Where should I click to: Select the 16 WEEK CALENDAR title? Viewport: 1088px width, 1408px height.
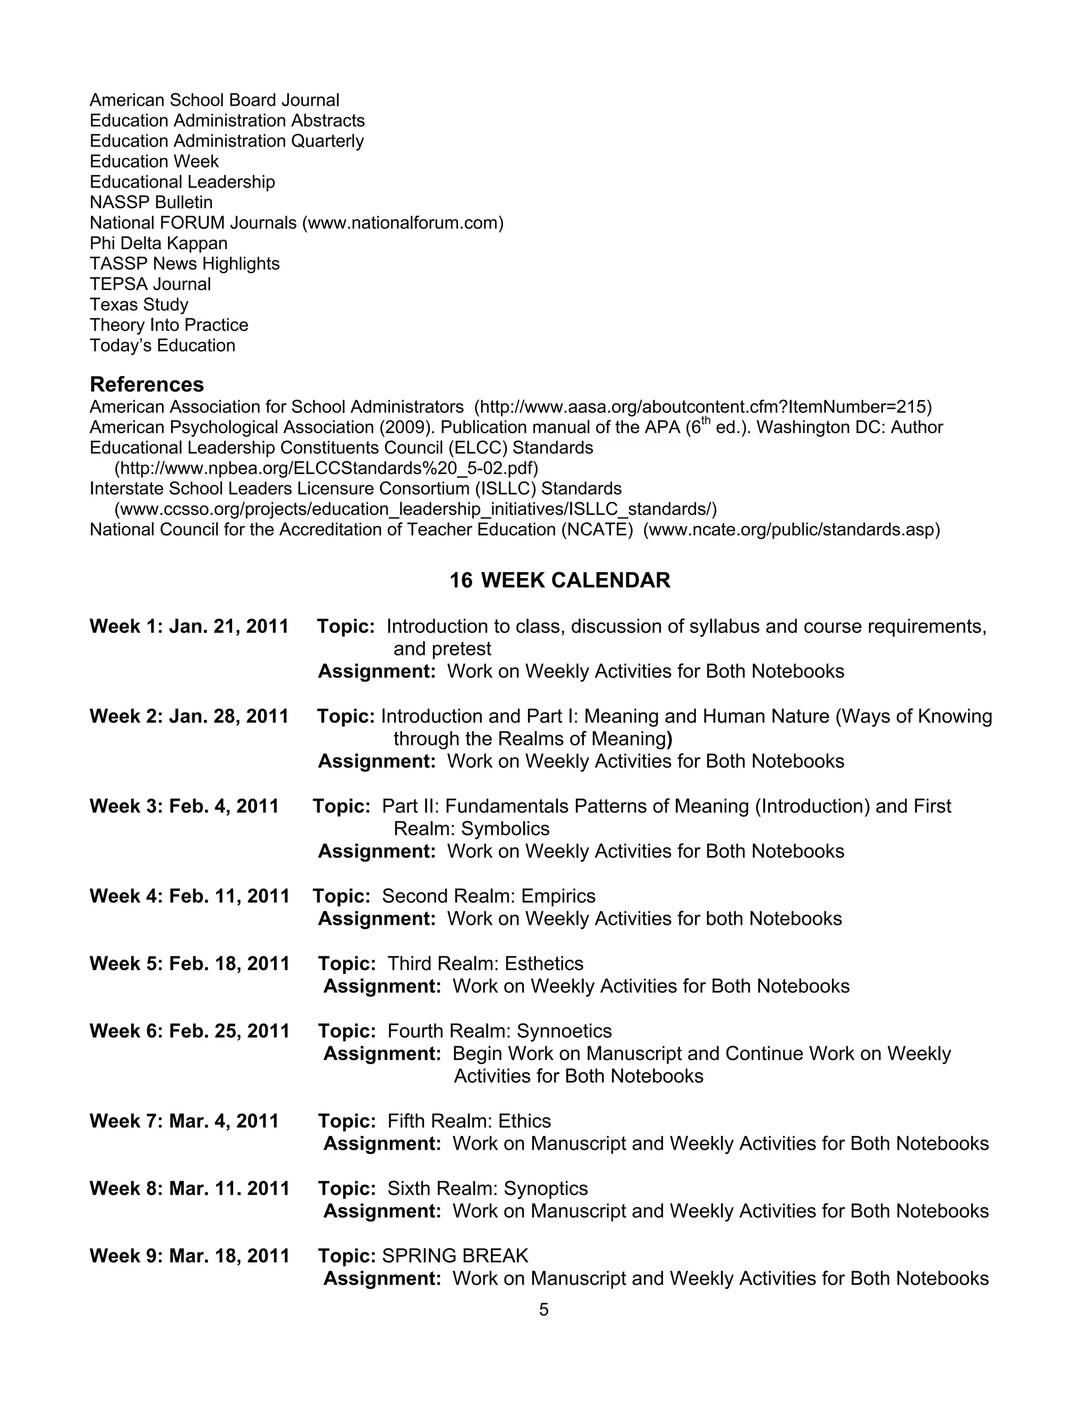(x=559, y=580)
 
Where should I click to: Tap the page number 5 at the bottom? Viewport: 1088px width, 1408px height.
(x=543, y=1309)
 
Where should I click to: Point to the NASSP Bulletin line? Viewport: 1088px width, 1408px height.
(x=151, y=202)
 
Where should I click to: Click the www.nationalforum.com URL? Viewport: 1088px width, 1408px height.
(x=403, y=223)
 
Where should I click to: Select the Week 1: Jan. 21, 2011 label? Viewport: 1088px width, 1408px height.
(x=189, y=626)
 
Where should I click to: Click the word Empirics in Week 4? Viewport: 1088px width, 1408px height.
(x=558, y=896)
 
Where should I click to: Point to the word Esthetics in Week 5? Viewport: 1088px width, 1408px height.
(x=544, y=963)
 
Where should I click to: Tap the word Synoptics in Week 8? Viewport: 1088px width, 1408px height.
(x=546, y=1188)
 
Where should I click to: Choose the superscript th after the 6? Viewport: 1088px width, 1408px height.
(x=706, y=422)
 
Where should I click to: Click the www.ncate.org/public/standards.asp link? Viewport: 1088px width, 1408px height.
(x=792, y=530)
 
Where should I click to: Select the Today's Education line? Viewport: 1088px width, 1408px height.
(x=163, y=345)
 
